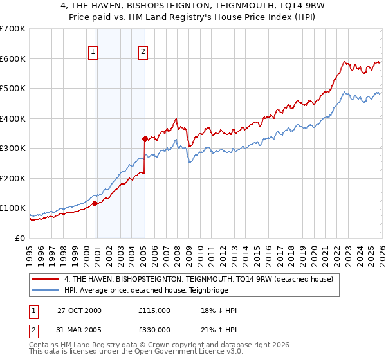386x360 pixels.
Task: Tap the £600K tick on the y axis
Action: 12,59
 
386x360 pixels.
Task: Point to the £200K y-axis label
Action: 12,178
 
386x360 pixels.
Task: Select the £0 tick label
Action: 19,238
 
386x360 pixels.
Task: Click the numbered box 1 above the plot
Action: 93,53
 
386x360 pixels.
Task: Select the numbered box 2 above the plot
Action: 143,53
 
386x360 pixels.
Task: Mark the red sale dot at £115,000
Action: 95,203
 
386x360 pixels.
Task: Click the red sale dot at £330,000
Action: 145,139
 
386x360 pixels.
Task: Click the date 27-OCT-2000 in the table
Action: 80,310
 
